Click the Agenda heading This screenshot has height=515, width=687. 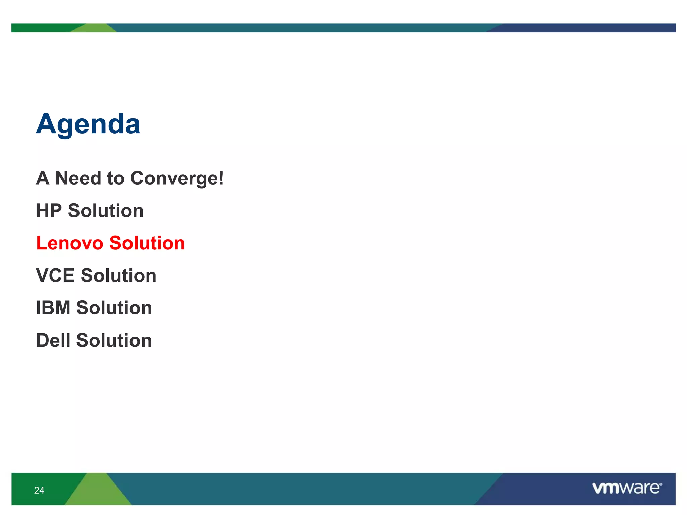pos(88,124)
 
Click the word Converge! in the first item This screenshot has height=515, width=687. pos(177,178)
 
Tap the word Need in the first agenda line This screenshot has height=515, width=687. pos(78,178)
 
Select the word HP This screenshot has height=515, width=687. pos(49,211)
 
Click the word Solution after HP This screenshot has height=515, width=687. pos(106,211)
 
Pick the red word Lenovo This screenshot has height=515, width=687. pos(70,243)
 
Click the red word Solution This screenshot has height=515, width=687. pos(147,243)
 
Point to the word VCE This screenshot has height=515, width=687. pos(55,276)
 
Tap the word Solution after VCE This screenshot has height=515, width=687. pos(118,276)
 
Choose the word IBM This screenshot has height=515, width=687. pos(53,308)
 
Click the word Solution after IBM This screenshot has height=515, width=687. pos(114,308)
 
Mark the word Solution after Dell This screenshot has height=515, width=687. pos(114,340)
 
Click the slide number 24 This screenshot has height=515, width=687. pos(39,490)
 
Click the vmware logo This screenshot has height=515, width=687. pos(626,488)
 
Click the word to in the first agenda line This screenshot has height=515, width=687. pos(115,178)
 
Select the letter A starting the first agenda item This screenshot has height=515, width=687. pos(43,178)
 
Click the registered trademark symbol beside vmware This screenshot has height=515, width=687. pos(660,484)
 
